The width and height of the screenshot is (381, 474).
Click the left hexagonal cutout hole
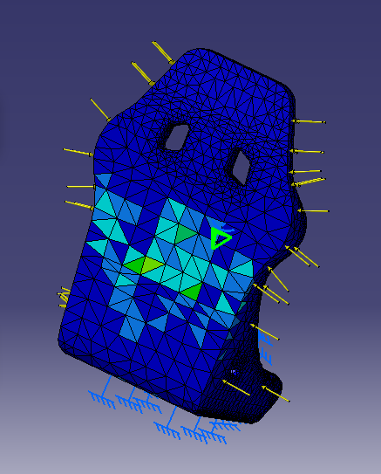tap(177, 135)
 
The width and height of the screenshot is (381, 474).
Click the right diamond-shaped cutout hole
tap(241, 165)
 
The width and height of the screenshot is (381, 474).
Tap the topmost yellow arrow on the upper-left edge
tap(162, 52)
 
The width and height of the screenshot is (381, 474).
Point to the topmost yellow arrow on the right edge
tap(307, 121)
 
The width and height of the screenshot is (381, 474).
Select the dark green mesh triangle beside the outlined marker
tap(185, 233)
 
